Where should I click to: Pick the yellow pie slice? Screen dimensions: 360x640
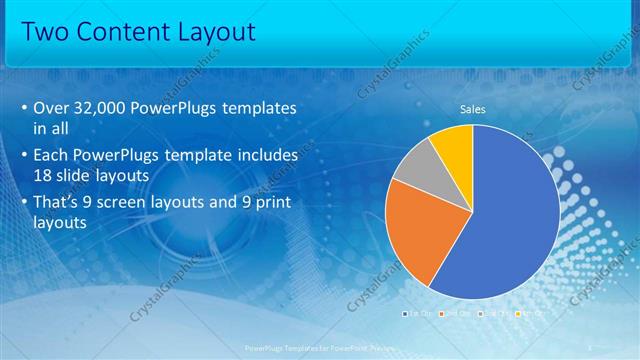tap(452, 143)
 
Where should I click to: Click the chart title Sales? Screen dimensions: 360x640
tap(473, 109)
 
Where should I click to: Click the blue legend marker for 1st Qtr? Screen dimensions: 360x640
tap(404, 313)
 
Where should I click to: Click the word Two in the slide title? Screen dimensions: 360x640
tap(47, 32)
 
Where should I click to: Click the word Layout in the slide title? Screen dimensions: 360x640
tap(218, 32)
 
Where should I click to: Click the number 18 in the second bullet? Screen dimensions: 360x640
tap(45, 174)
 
